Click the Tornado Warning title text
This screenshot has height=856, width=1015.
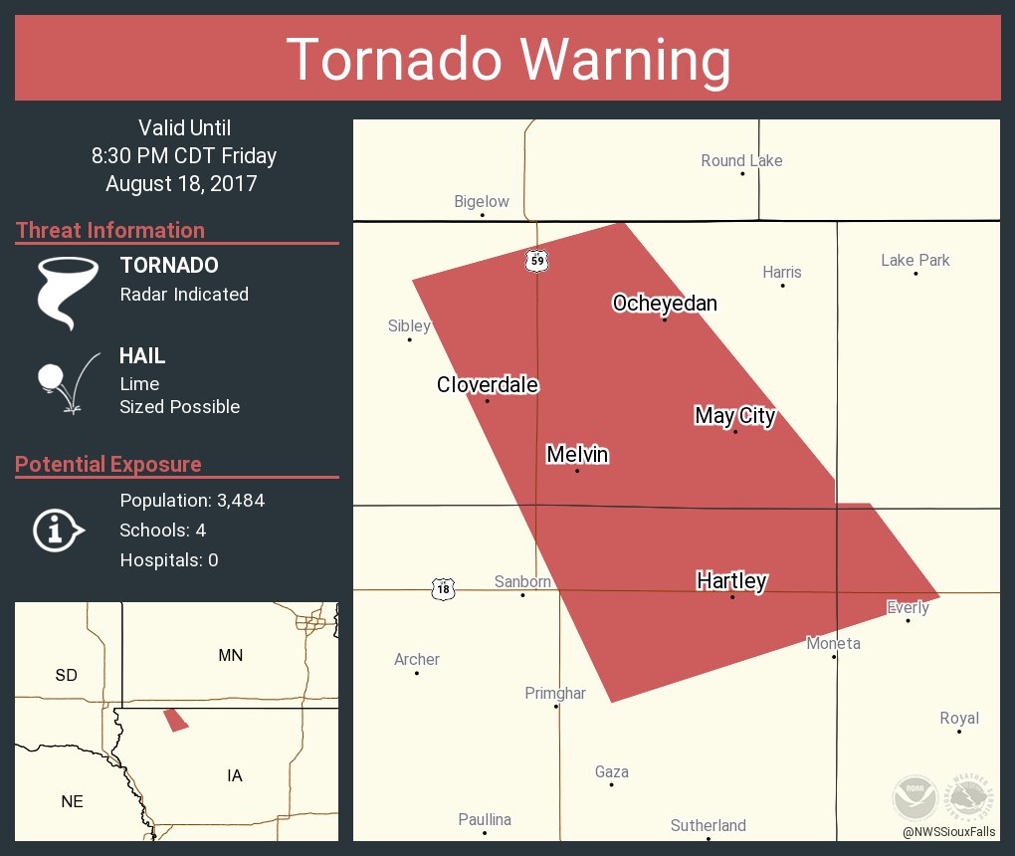pos(507,60)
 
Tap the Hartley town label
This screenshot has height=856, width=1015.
pos(731,580)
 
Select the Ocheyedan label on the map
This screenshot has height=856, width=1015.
pos(665,303)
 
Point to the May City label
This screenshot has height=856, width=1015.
pos(734,415)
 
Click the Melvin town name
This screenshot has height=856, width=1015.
pos(577,455)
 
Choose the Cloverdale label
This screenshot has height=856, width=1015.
pos(488,384)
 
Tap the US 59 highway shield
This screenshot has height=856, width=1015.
pos(537,261)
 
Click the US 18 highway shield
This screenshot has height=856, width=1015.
pos(443,589)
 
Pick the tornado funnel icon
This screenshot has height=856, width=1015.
pos(67,291)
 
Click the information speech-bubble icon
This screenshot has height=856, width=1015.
pos(58,530)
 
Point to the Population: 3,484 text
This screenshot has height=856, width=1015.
pos(192,501)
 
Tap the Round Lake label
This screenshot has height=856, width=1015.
pos(741,160)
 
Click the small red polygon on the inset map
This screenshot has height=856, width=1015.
pos(176,720)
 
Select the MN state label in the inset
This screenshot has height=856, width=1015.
pos(230,655)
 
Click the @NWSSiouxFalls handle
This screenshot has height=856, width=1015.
pos(949,831)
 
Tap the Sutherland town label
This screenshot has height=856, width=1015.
pos(708,825)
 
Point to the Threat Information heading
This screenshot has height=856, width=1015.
pos(110,230)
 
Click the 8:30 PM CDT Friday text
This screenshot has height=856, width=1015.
pos(184,156)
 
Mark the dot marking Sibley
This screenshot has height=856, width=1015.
pos(409,339)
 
